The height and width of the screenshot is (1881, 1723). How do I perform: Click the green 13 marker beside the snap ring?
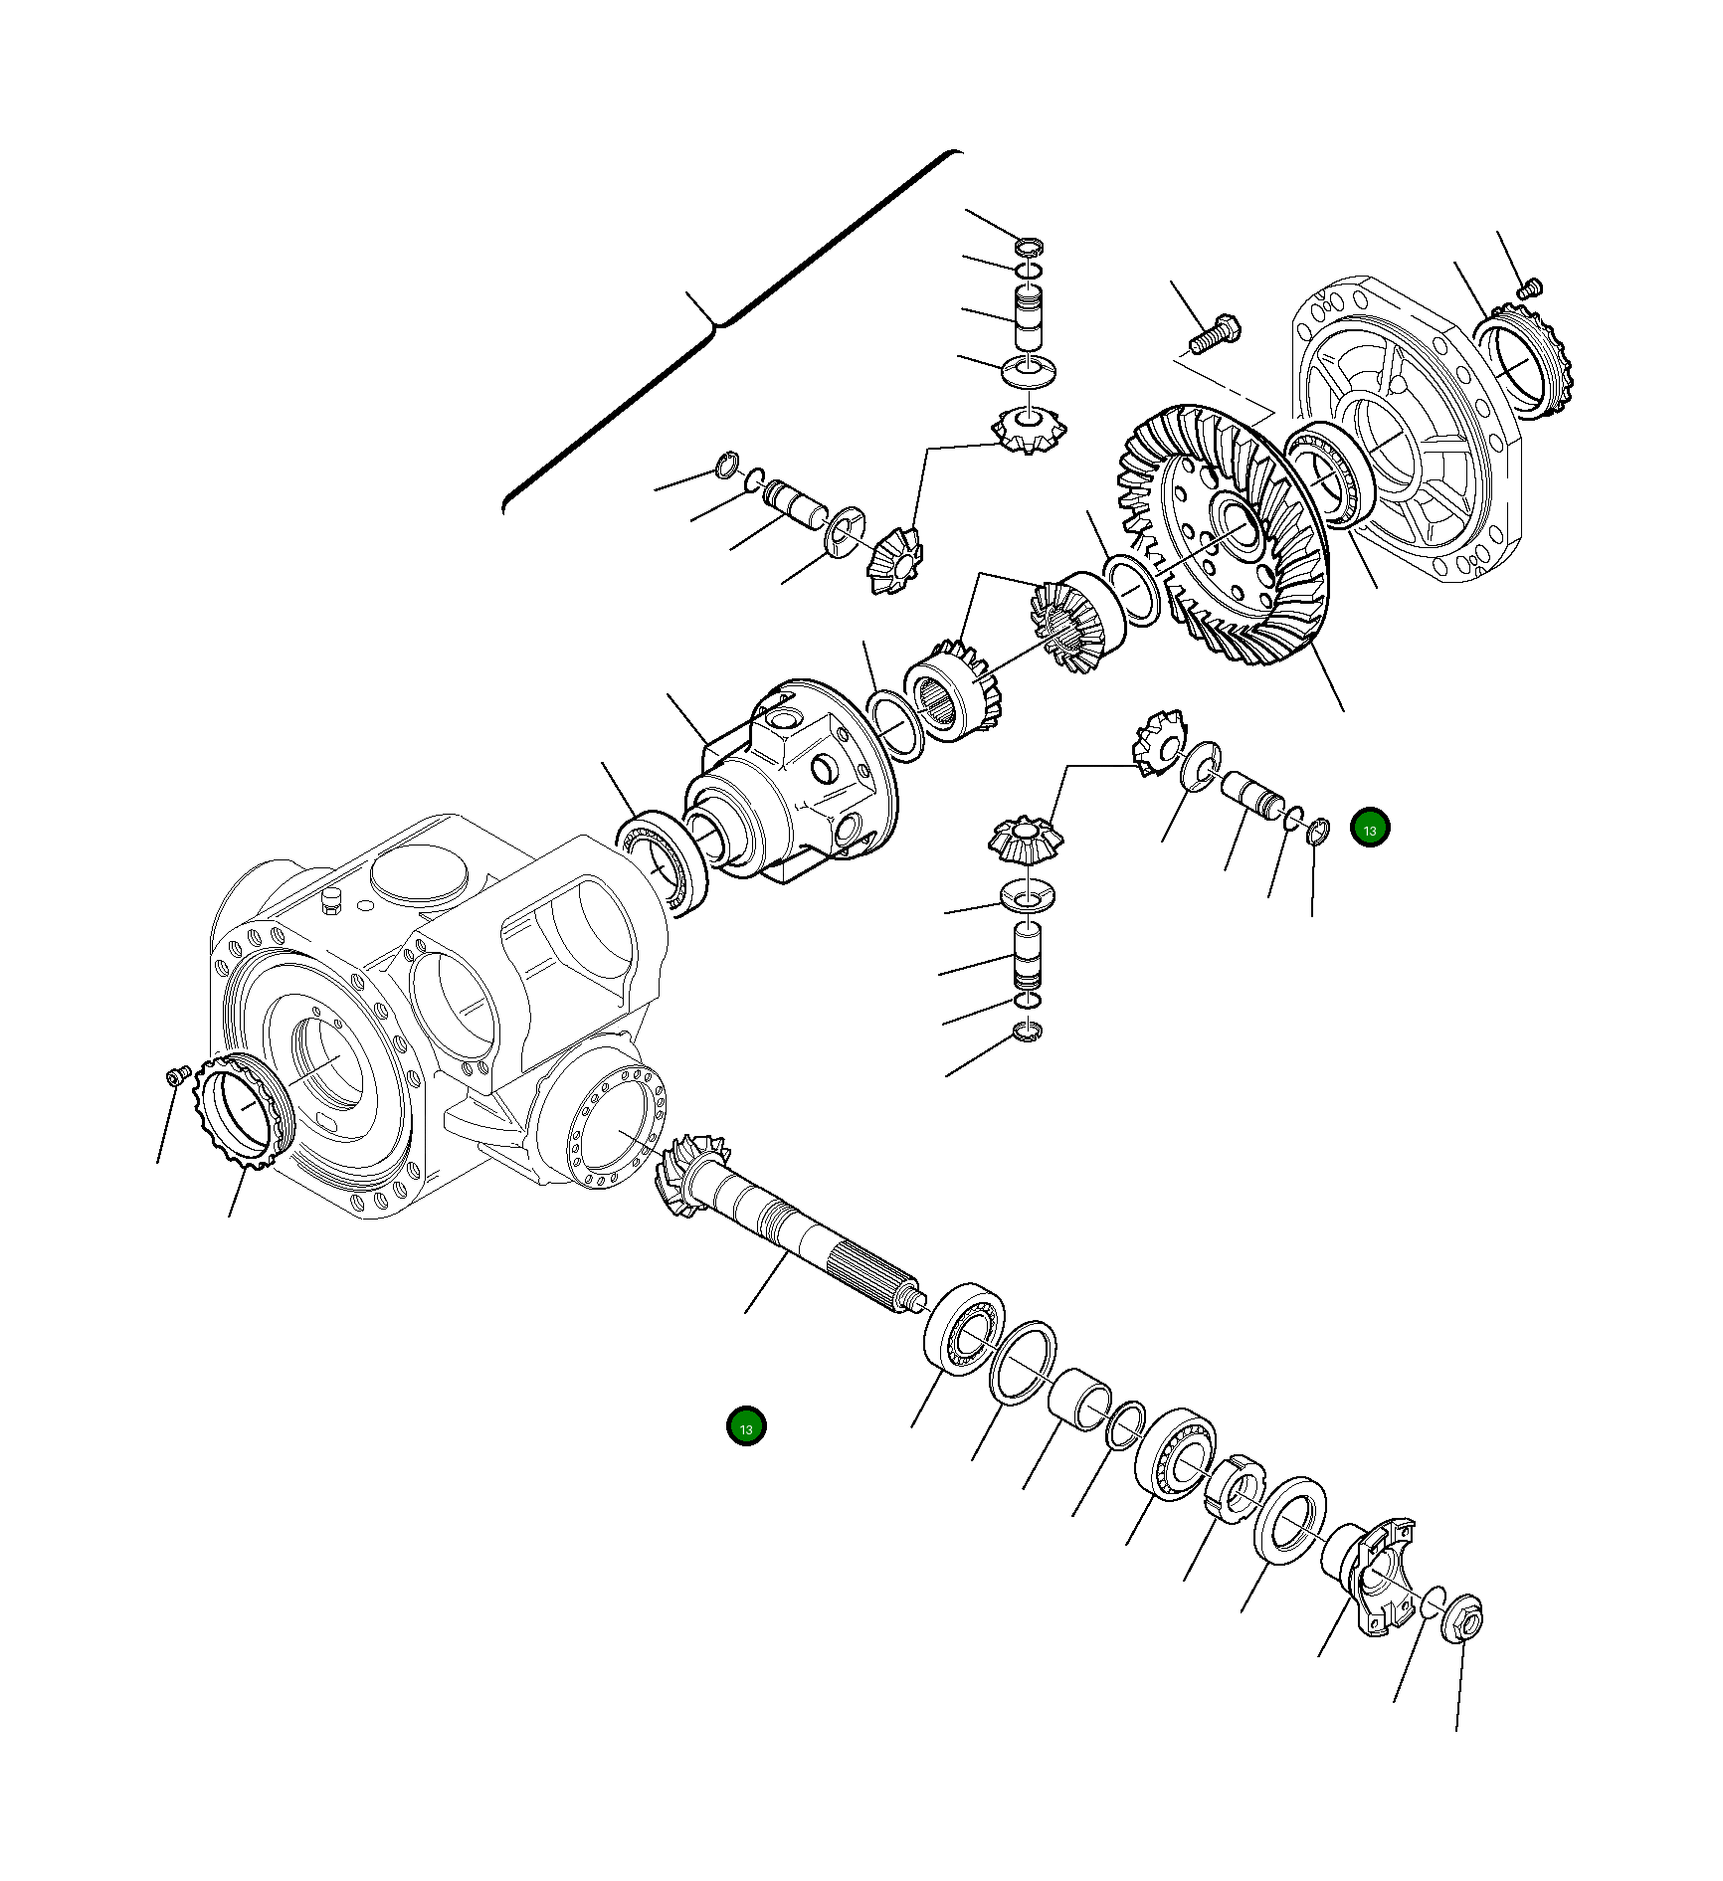pyautogui.click(x=1370, y=828)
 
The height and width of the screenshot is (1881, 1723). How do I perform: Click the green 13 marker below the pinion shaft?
pyautogui.click(x=746, y=1426)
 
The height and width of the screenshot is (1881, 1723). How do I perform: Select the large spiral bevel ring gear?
pyautogui.click(x=1224, y=537)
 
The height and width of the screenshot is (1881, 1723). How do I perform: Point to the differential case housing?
pyautogui.click(x=796, y=786)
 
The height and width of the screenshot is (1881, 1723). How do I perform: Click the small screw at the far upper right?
pyautogui.click(x=1530, y=288)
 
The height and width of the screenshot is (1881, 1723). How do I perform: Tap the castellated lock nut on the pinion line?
pyautogui.click(x=1234, y=1488)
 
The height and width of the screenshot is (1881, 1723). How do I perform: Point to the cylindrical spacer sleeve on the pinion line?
pyautogui.click(x=1079, y=1398)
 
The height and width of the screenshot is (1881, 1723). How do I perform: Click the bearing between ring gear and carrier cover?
pyautogui.click(x=1328, y=472)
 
